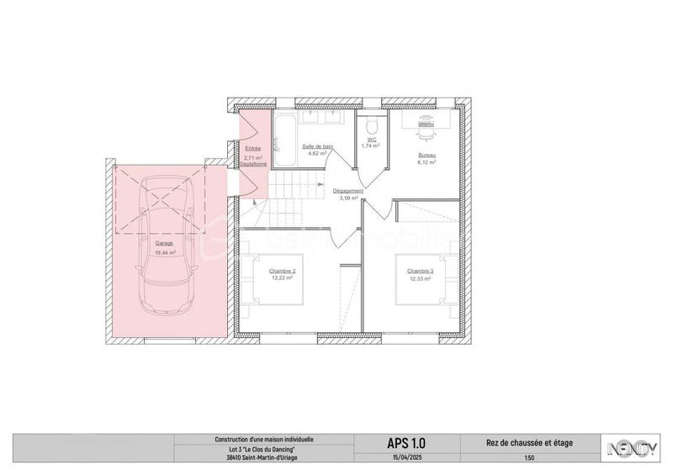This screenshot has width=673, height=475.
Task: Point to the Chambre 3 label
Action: (420, 271)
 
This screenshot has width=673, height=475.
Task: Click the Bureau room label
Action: (427, 156)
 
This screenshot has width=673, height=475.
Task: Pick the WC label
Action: (371, 140)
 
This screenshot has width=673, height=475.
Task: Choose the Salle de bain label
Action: (316, 147)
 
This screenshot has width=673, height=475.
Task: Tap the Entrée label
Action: (252, 148)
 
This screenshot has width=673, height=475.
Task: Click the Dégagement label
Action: (347, 192)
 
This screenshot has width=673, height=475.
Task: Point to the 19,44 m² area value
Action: (165, 252)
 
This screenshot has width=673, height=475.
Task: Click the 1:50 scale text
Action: (528, 458)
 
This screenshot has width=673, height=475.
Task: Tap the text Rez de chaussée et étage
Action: (528, 442)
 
